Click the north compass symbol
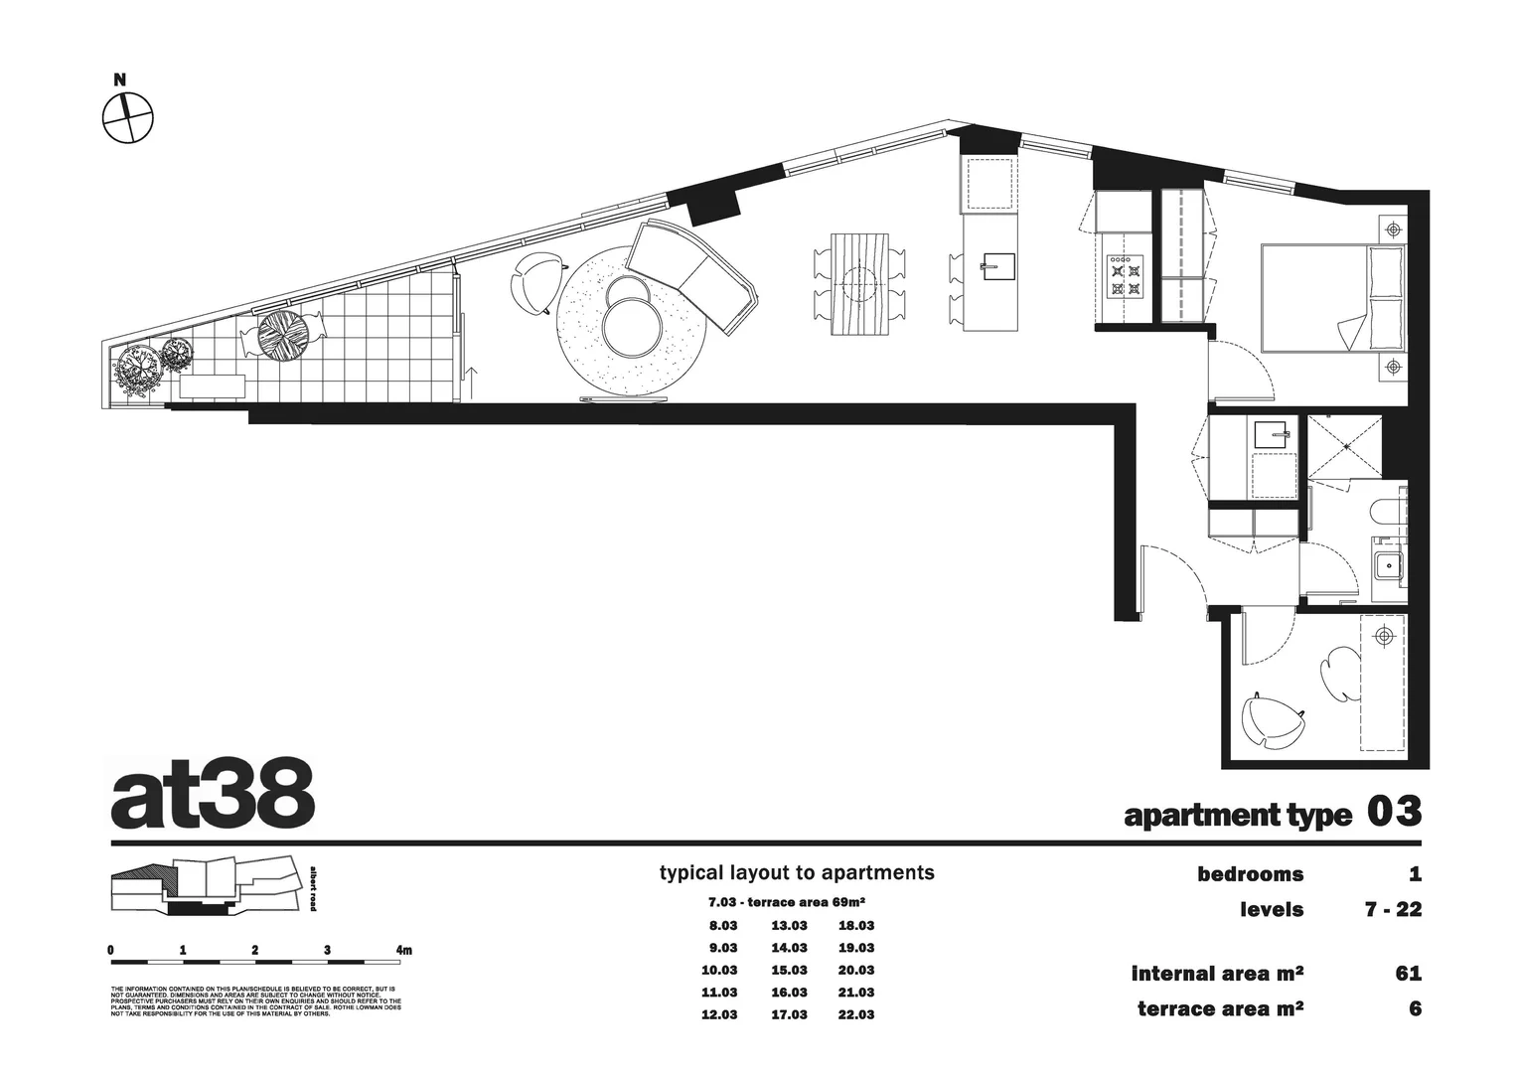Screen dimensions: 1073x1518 coord(128,118)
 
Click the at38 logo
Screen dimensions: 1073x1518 coord(213,796)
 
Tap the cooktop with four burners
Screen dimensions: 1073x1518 coord(1126,275)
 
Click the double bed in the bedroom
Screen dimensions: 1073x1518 coord(1332,297)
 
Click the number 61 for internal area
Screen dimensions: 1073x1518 coord(1408,974)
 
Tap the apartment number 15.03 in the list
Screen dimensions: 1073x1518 coord(789,970)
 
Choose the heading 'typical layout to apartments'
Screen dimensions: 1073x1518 coord(797,873)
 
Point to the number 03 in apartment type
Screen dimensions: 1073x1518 coord(1394,812)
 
